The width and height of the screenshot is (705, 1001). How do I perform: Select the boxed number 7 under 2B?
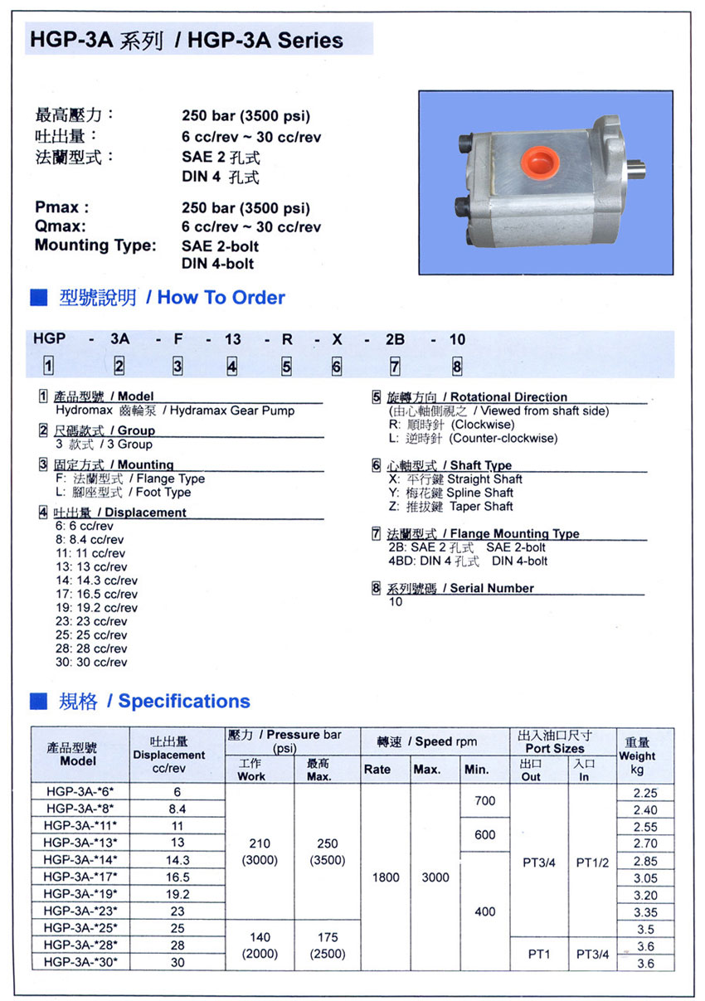pyautogui.click(x=395, y=366)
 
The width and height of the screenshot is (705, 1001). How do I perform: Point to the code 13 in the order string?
pyautogui.click(x=232, y=339)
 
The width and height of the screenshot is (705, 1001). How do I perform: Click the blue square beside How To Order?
pyautogui.click(x=38, y=298)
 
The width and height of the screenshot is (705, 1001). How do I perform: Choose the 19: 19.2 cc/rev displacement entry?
pyautogui.click(x=96, y=608)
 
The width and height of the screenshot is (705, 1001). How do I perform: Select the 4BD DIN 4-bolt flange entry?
pyautogui.click(x=468, y=561)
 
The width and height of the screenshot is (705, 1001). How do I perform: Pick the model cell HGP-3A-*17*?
pyautogui.click(x=81, y=877)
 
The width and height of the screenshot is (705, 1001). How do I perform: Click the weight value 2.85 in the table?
pyautogui.click(x=644, y=862)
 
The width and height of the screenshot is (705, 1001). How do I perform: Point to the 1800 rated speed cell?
pyautogui.click(x=386, y=877)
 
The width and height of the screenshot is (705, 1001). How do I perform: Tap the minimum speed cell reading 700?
pyautogui.click(x=484, y=801)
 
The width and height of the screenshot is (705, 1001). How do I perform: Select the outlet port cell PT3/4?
pyautogui.click(x=539, y=863)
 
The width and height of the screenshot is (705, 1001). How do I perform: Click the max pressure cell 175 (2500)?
pyautogui.click(x=327, y=945)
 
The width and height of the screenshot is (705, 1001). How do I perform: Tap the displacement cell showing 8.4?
pyautogui.click(x=177, y=809)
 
